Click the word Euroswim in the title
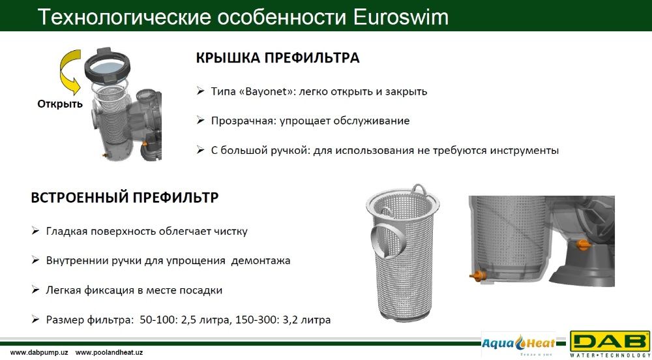tap(401, 16)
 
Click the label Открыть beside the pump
tap(60, 104)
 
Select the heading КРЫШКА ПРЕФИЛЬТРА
tap(278, 58)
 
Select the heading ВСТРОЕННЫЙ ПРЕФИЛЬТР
tap(125, 198)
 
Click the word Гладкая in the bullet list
tap(67, 231)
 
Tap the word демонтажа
tap(261, 260)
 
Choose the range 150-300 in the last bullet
tap(253, 320)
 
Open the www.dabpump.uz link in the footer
tap(38, 352)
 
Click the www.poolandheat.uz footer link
tap(109, 352)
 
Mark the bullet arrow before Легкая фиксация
tap(36, 290)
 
